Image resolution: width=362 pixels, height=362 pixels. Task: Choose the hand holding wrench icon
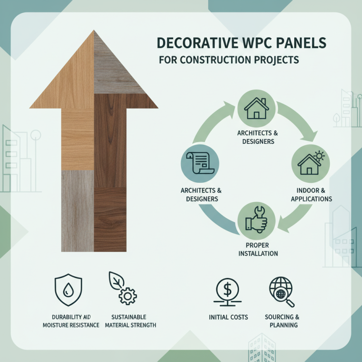coord(256,220)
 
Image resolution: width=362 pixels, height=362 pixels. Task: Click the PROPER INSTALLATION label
coord(256,248)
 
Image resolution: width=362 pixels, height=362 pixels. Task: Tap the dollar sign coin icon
coord(228,289)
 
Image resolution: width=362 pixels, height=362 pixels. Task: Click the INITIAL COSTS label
coord(229,317)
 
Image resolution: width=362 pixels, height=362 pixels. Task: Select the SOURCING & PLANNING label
coord(282,321)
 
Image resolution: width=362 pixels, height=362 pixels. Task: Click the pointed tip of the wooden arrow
coord(94,32)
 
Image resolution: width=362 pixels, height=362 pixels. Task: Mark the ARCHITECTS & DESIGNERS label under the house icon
coord(256,137)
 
